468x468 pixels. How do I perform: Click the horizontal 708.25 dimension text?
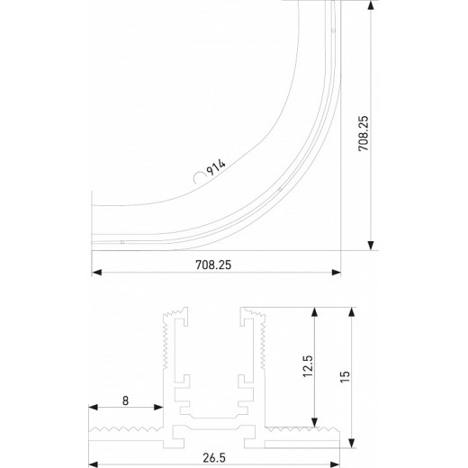[215, 264]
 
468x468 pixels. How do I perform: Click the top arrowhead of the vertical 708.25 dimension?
[371, 5]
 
